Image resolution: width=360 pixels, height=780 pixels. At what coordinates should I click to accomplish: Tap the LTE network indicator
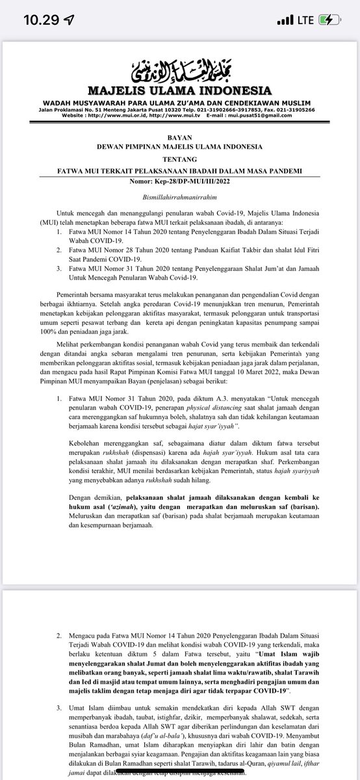(x=305, y=19)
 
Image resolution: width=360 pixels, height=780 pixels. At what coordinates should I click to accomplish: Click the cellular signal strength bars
(x=284, y=20)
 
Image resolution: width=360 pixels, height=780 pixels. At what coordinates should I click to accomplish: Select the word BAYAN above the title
(x=180, y=138)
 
